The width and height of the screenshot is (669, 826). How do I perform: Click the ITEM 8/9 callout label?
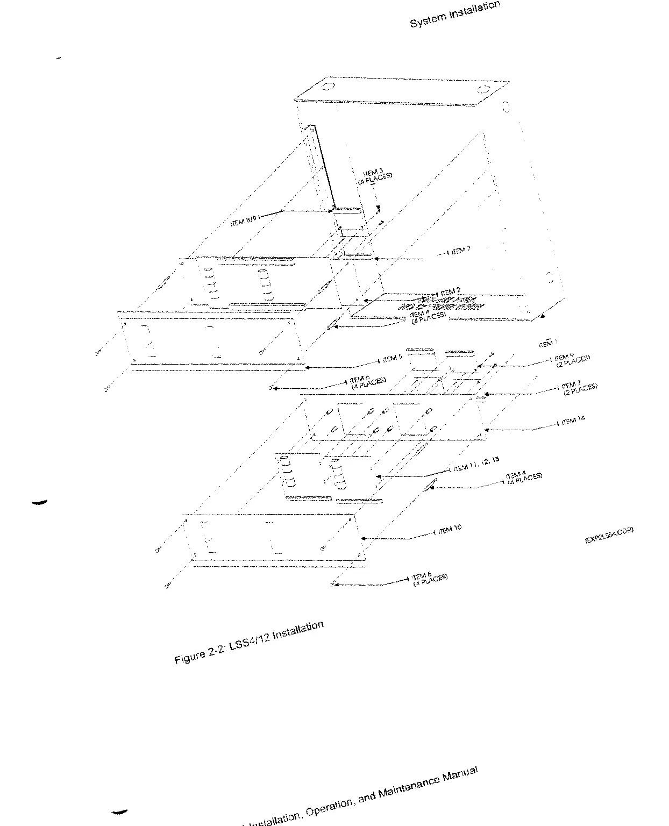coord(245,220)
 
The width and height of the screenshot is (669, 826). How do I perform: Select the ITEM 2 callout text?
coord(450,292)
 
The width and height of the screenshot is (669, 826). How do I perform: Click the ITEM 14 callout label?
coord(573,421)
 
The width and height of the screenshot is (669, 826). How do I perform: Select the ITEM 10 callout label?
coord(450,530)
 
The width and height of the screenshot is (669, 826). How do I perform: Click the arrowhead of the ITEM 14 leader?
coord(486,430)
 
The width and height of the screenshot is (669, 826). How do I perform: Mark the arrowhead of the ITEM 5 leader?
coord(307,368)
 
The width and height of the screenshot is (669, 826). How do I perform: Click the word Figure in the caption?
coord(190,656)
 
